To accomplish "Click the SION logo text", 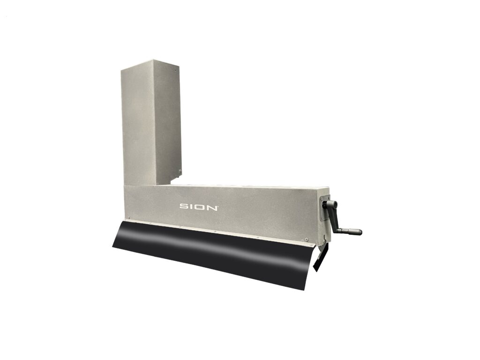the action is click(199, 207).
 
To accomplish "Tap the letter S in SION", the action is click(184, 207).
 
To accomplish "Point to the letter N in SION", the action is click(213, 207).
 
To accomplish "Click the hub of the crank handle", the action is click(331, 204).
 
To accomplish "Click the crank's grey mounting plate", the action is click(325, 208).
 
